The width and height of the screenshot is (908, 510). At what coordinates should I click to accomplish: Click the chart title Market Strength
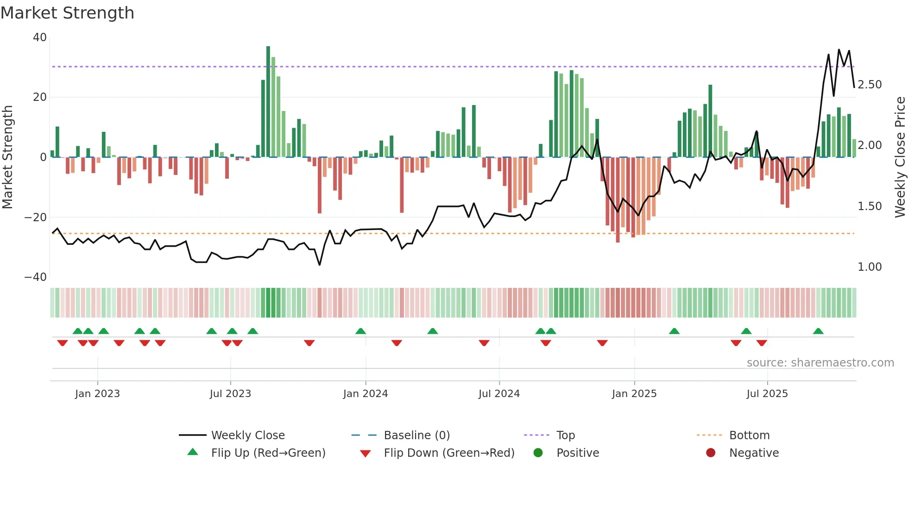pyautogui.click(x=67, y=13)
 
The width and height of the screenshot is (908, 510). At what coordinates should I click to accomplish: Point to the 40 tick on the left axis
pyautogui.click(x=40, y=37)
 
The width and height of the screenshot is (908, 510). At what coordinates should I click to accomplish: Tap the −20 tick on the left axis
pyautogui.click(x=36, y=217)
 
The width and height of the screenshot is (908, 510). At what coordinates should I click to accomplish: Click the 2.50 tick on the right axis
pyautogui.click(x=870, y=85)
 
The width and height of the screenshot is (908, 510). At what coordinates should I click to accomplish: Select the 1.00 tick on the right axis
pyautogui.click(x=870, y=267)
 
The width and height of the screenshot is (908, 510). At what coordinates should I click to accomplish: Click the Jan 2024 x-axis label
pyautogui.click(x=366, y=394)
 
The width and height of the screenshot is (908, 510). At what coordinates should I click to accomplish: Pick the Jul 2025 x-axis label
pyautogui.click(x=767, y=394)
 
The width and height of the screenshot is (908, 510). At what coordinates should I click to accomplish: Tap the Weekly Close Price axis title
pyautogui.click(x=900, y=157)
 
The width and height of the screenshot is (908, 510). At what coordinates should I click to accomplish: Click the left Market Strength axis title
pyautogui.click(x=7, y=157)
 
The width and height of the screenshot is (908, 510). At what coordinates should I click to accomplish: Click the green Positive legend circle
pyautogui.click(x=538, y=453)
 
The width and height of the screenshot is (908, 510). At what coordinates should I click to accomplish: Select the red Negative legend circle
pyautogui.click(x=711, y=453)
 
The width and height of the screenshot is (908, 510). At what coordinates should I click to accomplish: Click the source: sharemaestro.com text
pyautogui.click(x=820, y=363)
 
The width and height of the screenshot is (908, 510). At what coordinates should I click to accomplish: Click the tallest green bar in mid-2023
pyautogui.click(x=268, y=102)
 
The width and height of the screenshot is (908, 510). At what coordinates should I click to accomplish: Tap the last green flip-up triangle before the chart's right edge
pyautogui.click(x=818, y=331)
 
